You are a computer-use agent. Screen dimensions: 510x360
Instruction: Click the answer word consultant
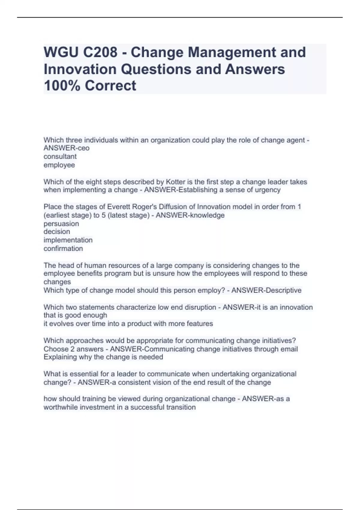[x=60, y=156]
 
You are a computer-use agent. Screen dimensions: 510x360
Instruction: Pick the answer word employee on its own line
[x=59, y=165]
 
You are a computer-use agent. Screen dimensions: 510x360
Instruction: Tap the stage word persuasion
[x=61, y=223]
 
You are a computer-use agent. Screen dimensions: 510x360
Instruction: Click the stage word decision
[x=57, y=232]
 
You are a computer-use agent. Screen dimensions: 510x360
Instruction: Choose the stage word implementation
[x=68, y=240]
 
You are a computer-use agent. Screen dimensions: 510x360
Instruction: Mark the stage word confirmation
[x=63, y=248]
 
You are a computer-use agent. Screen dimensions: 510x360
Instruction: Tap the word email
[x=289, y=349]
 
